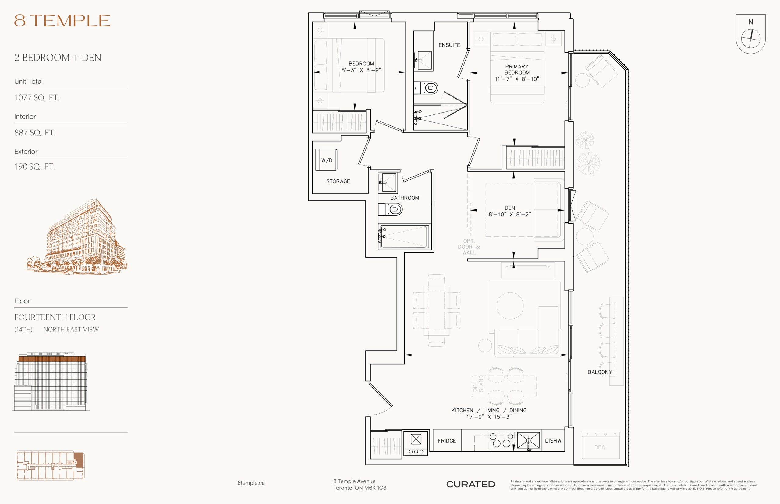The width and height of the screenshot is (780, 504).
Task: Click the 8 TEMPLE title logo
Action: point(62,20)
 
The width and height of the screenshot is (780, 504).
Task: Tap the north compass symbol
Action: point(750,34)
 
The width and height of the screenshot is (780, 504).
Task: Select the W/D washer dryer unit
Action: point(326,160)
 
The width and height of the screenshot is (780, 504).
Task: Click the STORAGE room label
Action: point(338,181)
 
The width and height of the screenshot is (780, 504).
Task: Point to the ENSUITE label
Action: point(449,45)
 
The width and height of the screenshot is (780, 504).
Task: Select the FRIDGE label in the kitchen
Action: point(447,441)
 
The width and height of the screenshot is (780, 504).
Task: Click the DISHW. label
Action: point(554,441)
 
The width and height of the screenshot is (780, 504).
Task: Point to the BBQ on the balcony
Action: point(601,446)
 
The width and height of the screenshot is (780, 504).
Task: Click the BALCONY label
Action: point(600,372)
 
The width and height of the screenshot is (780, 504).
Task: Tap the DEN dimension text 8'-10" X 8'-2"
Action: point(510,214)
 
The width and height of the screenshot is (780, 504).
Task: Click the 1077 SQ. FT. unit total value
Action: point(37,97)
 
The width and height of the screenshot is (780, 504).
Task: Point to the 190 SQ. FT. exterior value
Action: point(34,166)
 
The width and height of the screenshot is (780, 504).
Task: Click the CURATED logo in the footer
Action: point(470,484)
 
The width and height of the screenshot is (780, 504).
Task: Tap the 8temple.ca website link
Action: point(251,483)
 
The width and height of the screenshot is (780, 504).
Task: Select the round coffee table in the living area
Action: point(510,306)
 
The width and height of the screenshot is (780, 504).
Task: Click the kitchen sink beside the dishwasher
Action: point(528,440)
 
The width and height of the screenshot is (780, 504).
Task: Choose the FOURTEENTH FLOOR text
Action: point(55,317)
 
